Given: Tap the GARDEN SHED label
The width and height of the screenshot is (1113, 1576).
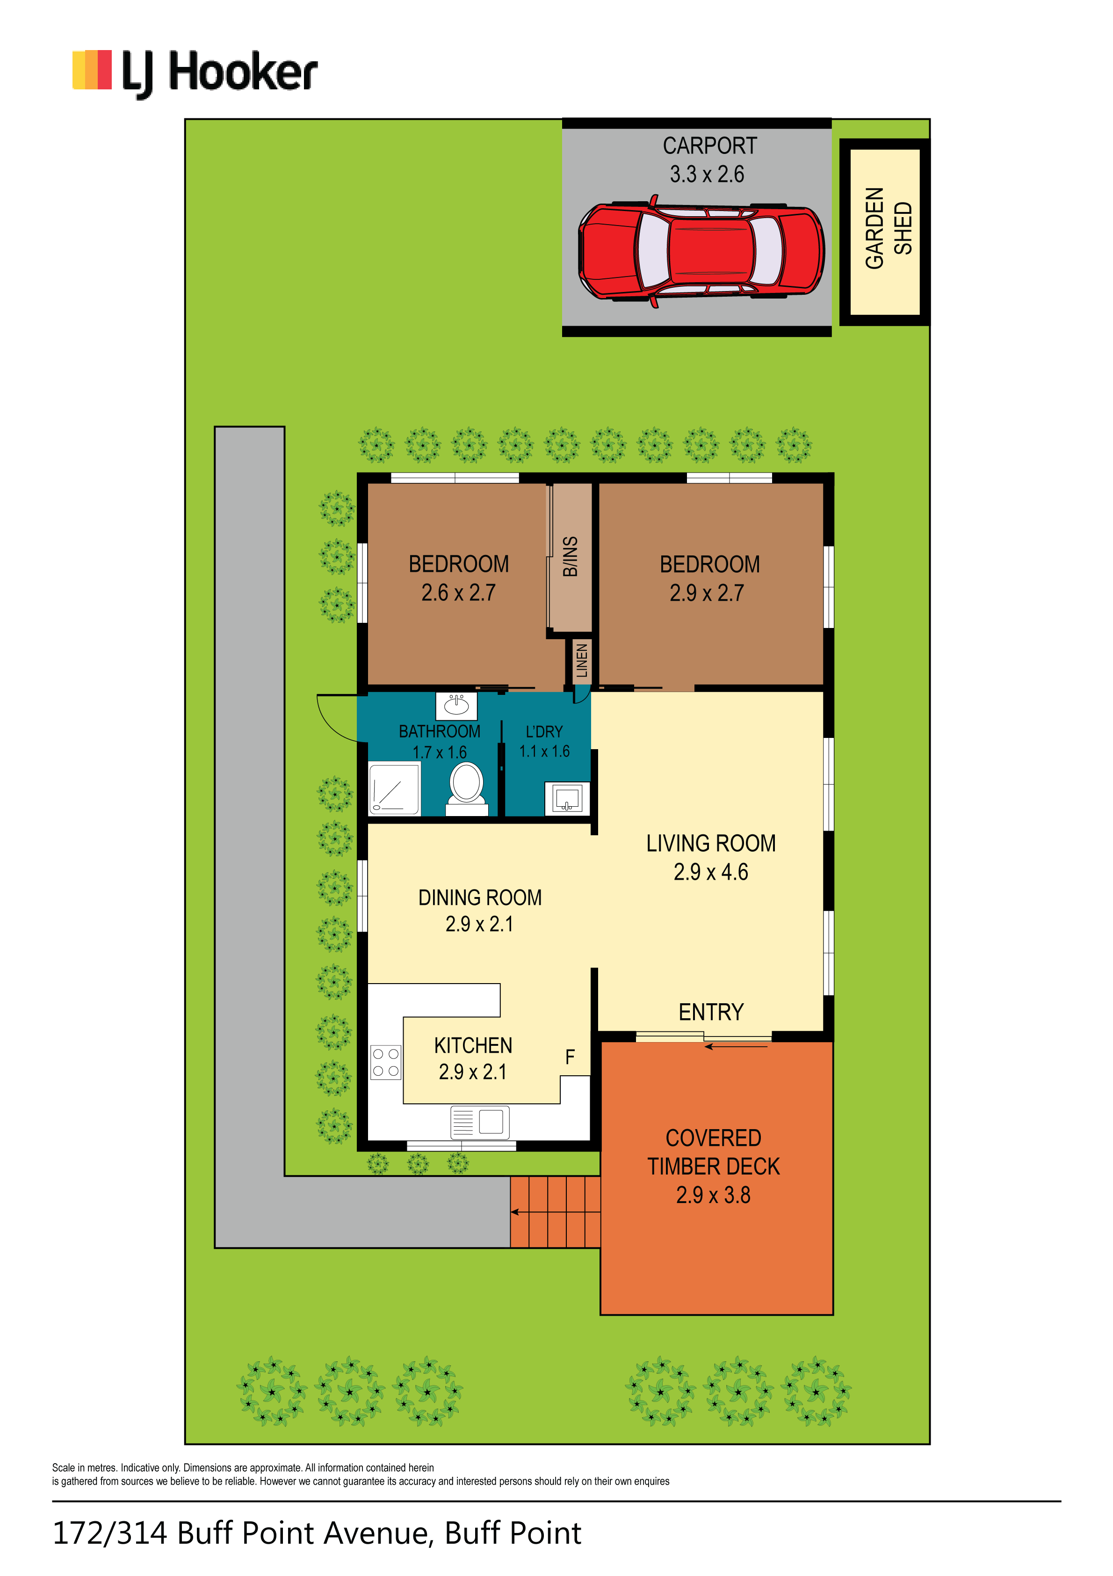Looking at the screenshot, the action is (x=889, y=228).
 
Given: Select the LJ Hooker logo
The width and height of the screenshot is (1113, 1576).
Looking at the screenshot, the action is (x=195, y=72).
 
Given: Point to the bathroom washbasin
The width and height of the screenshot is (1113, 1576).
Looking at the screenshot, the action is (x=456, y=705).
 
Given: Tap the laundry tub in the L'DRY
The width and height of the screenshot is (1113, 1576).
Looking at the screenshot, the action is (x=567, y=799).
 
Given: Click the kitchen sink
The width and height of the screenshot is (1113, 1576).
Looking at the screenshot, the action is (x=480, y=1122).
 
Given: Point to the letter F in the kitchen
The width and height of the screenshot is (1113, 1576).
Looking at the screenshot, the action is (x=570, y=1057).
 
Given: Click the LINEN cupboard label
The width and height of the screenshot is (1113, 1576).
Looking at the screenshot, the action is (x=582, y=660).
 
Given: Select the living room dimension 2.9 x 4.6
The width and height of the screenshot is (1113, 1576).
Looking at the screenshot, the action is (x=710, y=872).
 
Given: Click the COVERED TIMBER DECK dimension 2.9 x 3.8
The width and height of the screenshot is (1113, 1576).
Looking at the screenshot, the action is (x=713, y=1195).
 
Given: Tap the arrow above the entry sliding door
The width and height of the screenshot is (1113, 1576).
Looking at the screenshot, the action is (x=736, y=1047).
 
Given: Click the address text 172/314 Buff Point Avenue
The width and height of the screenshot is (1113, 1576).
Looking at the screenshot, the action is (x=241, y=1533).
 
